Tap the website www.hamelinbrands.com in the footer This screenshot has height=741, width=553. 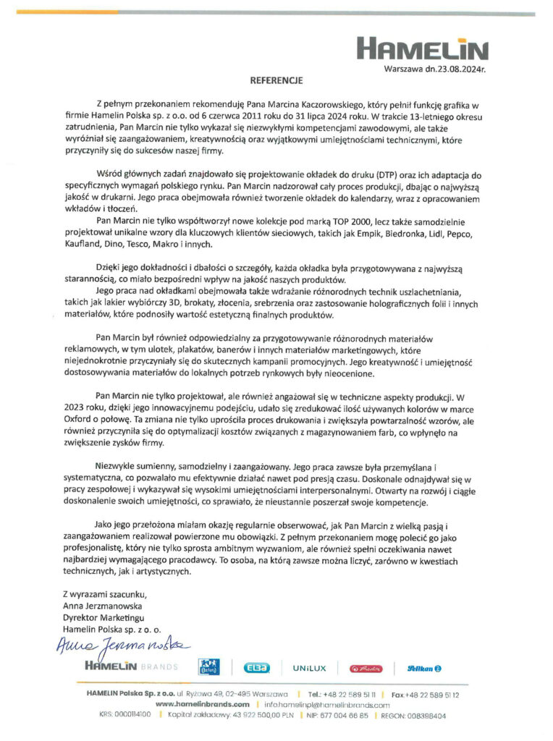[203, 703]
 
